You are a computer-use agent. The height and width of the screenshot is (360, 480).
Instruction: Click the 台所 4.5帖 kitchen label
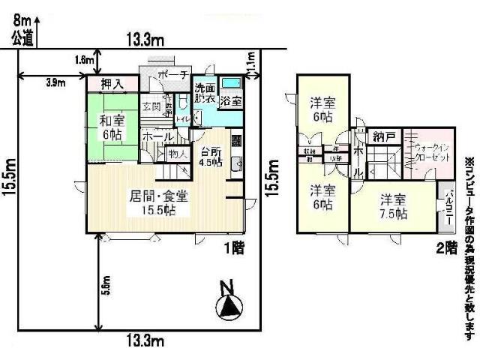(x=211, y=155)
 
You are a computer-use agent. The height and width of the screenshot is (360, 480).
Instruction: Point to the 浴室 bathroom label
(x=231, y=99)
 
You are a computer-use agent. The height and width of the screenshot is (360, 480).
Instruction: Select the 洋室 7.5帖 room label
(x=393, y=206)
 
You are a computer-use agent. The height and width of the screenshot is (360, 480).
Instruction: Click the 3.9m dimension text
(x=55, y=82)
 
